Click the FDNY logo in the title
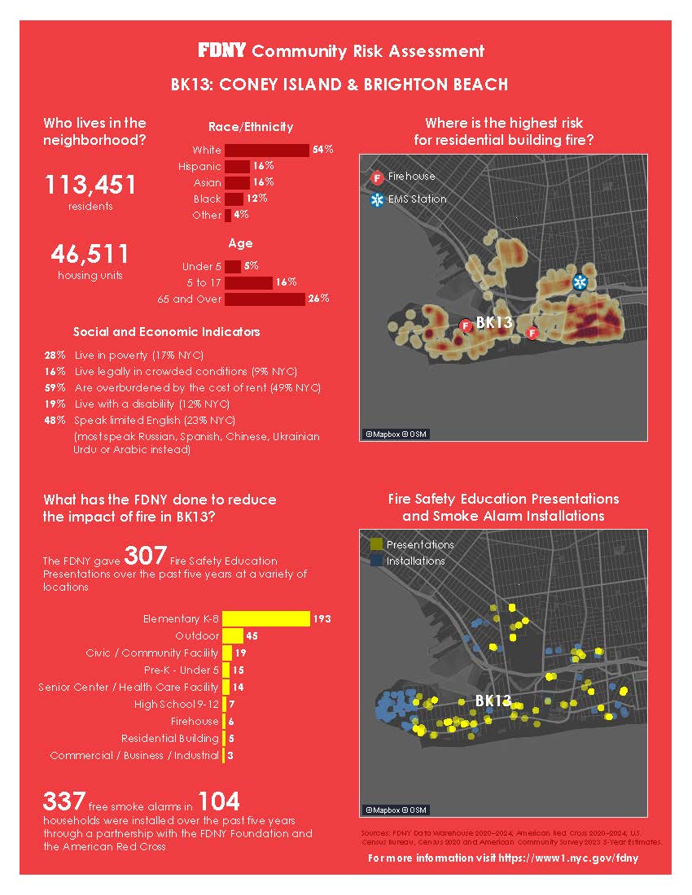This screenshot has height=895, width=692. [222, 50]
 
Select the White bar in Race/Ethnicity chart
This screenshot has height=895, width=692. [266, 150]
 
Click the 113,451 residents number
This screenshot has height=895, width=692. [90, 186]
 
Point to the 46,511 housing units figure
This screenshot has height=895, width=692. [90, 255]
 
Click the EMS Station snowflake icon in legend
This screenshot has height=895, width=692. [376, 199]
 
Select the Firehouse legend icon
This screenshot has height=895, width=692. [376, 177]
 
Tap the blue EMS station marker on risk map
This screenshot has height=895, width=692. [580, 282]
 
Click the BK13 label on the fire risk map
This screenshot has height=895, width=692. [493, 322]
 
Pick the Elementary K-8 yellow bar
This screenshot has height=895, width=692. [266, 619]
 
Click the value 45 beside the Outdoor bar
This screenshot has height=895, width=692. [252, 635]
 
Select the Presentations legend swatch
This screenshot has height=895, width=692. [376, 544]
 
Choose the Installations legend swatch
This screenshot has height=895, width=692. [376, 561]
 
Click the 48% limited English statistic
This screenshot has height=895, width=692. [55, 420]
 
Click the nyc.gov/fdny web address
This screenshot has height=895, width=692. [568, 859]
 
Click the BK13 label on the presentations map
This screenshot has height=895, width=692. [493, 701]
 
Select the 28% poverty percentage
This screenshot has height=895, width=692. [55, 356]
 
